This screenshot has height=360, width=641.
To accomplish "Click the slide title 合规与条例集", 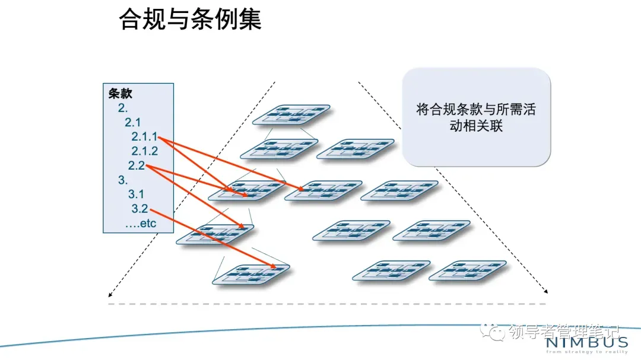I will coord(190,20).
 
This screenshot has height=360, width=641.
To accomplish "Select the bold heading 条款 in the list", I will coord(120,93).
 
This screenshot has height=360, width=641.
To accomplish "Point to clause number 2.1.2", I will coord(145,151).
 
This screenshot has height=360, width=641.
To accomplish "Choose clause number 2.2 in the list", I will coord(137,165).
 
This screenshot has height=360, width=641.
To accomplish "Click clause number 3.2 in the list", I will coord(139,209).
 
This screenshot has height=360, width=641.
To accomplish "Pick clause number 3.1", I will coord(136,194).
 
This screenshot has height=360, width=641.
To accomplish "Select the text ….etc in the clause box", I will coord(141,224).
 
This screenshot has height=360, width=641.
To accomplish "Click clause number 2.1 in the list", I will coord(132,122).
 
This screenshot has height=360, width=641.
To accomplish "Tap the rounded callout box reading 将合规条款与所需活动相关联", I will coord(477,117).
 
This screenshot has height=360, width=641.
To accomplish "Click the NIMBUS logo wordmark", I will coord(586,342).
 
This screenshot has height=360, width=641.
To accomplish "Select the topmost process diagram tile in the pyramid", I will coord(291,114).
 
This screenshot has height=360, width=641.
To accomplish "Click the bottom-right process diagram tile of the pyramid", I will coord(467,270).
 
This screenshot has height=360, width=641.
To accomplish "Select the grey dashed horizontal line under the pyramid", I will coord(326,304).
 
